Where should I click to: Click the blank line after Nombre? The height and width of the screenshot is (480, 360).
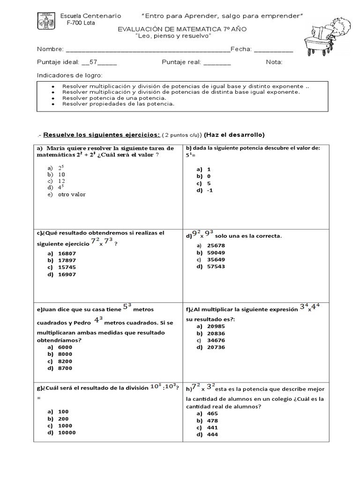click(148, 50)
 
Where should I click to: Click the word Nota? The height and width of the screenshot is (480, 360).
click(274, 62)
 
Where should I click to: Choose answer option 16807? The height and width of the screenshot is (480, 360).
click(67, 253)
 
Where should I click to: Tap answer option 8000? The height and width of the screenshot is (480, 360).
click(65, 354)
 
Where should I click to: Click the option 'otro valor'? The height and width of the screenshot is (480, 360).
click(72, 195)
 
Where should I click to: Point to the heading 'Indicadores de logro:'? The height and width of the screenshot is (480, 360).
click(69, 75)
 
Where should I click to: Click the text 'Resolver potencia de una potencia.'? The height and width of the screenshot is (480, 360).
click(114, 98)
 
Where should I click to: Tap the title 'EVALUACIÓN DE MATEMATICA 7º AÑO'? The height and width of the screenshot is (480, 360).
click(181, 29)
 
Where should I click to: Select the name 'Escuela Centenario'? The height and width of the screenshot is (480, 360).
click(91, 16)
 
